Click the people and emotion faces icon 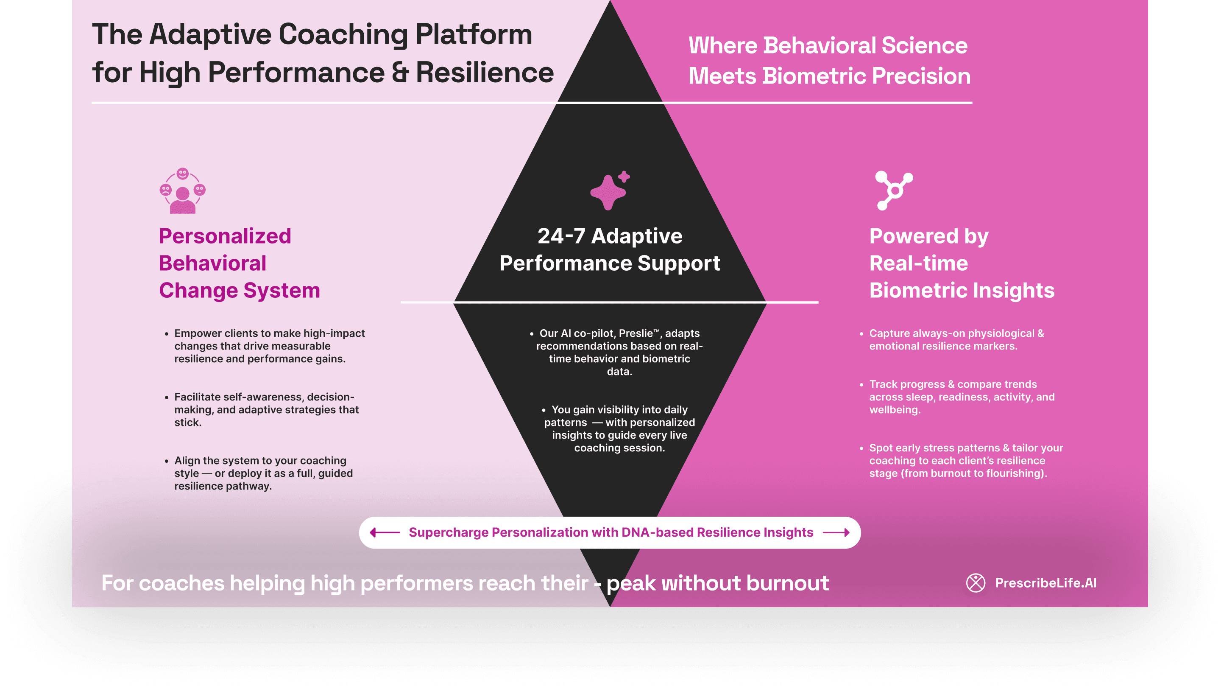[182, 190]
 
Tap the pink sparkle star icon [609, 190]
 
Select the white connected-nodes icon [893, 190]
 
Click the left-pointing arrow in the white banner [385, 532]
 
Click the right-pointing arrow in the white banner [836, 532]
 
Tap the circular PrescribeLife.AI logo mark [975, 582]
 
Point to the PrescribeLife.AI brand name [1045, 582]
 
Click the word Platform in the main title [474, 34]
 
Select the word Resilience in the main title [485, 73]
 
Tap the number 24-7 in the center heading [561, 236]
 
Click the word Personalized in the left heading [225, 236]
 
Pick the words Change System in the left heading [239, 291]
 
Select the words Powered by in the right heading [928, 236]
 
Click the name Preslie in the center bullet [636, 333]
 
